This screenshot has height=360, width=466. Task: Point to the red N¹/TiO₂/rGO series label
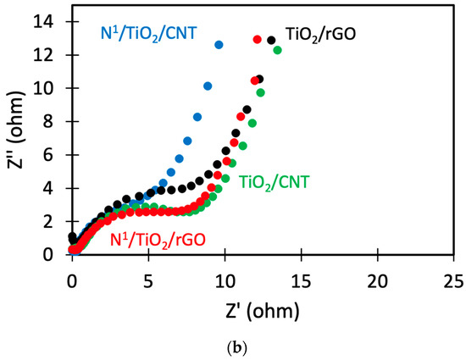coord(158,239)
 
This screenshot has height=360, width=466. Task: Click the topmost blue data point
coord(219,44)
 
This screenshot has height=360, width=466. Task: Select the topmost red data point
coord(258,39)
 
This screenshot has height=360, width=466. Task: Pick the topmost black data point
coord(271,40)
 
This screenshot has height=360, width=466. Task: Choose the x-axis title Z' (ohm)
coord(263,306)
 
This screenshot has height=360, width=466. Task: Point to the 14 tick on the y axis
coord(50,21)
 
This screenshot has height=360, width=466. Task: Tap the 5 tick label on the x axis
coord(148,279)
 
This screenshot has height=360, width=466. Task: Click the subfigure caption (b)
coord(232,345)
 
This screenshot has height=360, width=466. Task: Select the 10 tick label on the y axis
coord(50,88)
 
